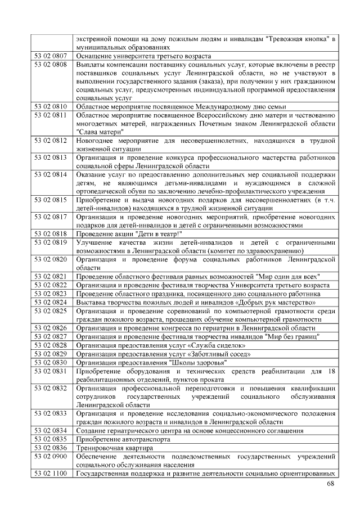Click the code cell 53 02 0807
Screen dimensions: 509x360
click(51, 56)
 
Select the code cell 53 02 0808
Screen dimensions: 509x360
click(51, 65)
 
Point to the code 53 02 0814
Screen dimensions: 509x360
click(51, 174)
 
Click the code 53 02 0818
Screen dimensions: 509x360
click(51, 233)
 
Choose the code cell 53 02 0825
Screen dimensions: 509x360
click(51, 310)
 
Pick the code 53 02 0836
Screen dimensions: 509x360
click(51, 448)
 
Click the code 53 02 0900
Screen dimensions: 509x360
click(51, 457)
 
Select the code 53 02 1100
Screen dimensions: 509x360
click(51, 474)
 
